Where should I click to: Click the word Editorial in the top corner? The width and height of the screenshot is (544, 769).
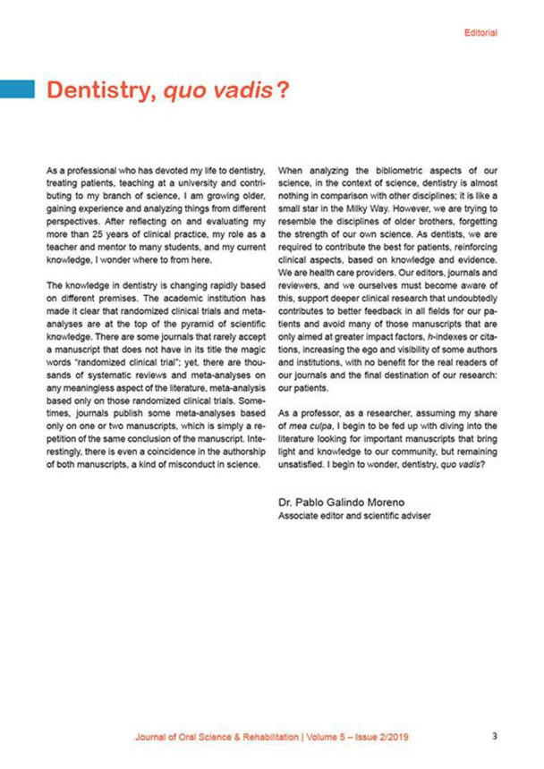[x=480, y=33]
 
